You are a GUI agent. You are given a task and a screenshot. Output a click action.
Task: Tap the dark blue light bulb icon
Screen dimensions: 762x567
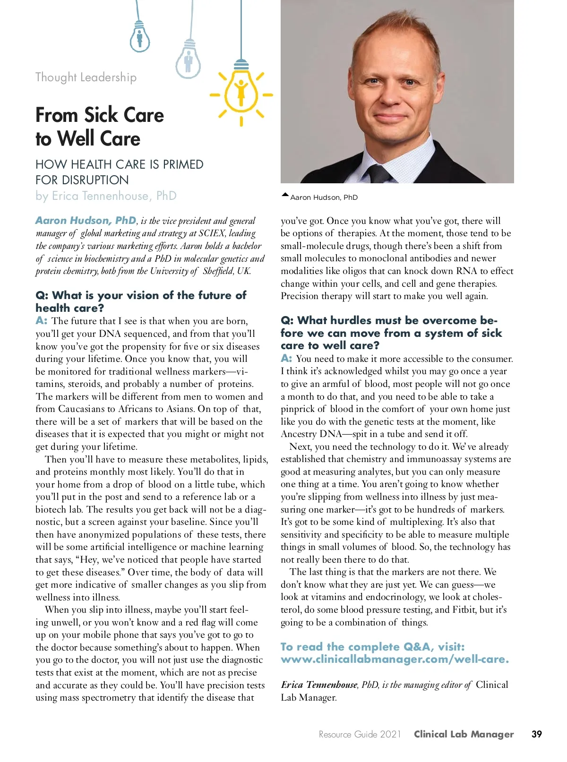pyautogui.click(x=139, y=36)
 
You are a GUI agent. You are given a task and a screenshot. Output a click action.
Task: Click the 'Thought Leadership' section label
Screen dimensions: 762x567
pyautogui.click(x=86, y=77)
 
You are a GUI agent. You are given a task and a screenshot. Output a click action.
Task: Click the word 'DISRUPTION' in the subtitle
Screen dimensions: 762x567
pyautogui.click(x=99, y=180)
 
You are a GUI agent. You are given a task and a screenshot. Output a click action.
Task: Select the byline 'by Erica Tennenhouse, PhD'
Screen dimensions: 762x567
pyautogui.click(x=106, y=196)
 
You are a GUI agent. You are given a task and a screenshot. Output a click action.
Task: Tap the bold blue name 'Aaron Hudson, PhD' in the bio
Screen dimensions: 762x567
pyautogui.click(x=86, y=221)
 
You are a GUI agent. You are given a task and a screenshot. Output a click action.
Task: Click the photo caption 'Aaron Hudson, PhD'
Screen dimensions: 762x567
pyautogui.click(x=324, y=197)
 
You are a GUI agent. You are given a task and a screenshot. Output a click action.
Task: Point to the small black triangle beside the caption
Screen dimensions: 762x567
pyautogui.click(x=285, y=195)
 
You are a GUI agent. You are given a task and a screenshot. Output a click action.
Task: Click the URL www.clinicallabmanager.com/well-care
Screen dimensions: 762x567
pyautogui.click(x=395, y=659)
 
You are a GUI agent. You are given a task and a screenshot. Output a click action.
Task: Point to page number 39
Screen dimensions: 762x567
pyautogui.click(x=537, y=734)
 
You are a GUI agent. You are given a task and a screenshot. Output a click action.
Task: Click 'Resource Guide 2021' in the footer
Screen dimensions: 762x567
pyautogui.click(x=360, y=734)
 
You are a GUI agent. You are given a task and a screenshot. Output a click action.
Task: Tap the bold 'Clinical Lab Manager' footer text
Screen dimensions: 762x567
pyautogui.click(x=464, y=734)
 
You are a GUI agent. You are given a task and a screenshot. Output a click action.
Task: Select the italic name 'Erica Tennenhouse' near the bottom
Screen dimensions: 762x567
pyautogui.click(x=319, y=685)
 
